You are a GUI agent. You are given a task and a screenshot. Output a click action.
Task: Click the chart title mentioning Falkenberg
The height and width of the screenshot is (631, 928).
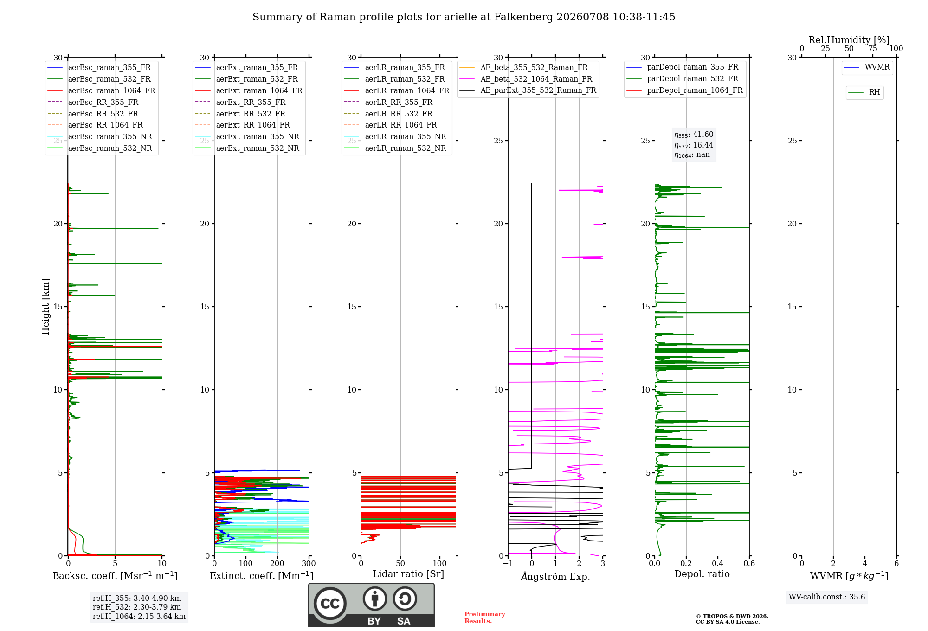pyautogui.click(x=464, y=17)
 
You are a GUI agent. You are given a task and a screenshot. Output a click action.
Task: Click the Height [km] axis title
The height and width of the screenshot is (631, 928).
pyautogui.click(x=45, y=307)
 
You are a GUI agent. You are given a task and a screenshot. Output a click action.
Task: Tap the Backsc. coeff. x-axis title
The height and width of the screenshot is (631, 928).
pyautogui.click(x=115, y=576)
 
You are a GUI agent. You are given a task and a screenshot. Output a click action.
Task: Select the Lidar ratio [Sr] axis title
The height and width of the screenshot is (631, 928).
pyautogui.click(x=408, y=574)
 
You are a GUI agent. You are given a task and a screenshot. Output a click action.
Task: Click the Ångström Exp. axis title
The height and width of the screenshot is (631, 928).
pyautogui.click(x=555, y=576)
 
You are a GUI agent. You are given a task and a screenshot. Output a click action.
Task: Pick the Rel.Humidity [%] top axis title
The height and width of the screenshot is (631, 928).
pyautogui.click(x=849, y=40)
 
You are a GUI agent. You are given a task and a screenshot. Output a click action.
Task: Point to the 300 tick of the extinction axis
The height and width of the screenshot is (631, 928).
pyautogui.click(x=309, y=564)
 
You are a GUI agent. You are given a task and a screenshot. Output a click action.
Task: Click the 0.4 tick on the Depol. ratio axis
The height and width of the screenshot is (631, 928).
pyautogui.click(x=718, y=564)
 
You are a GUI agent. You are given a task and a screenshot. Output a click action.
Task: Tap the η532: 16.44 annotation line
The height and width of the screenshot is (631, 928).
pyautogui.click(x=694, y=145)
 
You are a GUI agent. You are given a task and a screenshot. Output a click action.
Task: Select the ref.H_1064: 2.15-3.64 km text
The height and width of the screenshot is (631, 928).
pyautogui.click(x=139, y=617)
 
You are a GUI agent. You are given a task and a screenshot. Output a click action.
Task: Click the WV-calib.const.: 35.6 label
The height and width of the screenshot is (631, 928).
pyautogui.click(x=827, y=597)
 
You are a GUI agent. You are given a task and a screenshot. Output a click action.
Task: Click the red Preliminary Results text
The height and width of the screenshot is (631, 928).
pyautogui.click(x=485, y=618)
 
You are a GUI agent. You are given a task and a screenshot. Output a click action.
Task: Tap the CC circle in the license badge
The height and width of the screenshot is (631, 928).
pyautogui.click(x=330, y=603)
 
